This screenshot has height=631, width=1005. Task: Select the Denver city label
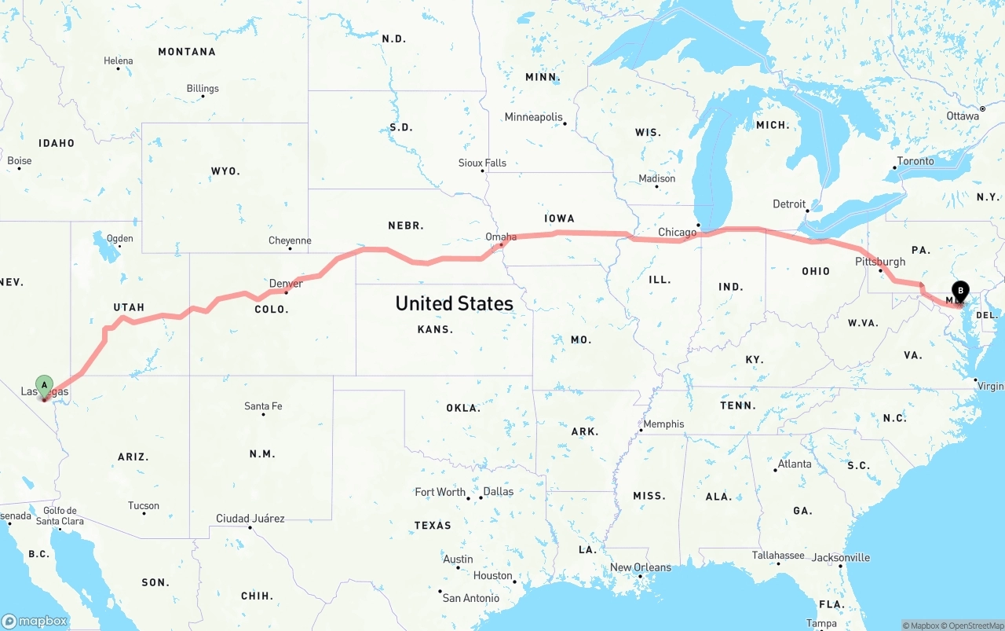(x=286, y=284)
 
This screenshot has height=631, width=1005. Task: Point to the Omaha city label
(x=501, y=237)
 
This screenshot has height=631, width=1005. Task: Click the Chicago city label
(x=677, y=232)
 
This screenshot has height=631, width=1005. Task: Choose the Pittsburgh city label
(x=880, y=262)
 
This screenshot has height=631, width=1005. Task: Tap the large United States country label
(x=454, y=303)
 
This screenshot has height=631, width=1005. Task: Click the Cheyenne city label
(x=290, y=240)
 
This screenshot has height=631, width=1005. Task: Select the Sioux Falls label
(x=482, y=163)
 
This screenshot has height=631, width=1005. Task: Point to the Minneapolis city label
(x=533, y=117)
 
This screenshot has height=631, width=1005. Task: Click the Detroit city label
(x=789, y=204)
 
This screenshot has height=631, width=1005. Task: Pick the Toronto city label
(x=915, y=161)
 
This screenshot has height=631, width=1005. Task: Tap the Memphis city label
(x=663, y=424)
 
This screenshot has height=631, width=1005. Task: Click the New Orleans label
(x=641, y=567)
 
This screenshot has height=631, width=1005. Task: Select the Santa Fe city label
(x=263, y=406)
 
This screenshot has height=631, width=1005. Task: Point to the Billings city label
(x=203, y=89)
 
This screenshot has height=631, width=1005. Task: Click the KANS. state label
(x=435, y=329)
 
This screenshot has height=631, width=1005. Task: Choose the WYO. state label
(x=225, y=171)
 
